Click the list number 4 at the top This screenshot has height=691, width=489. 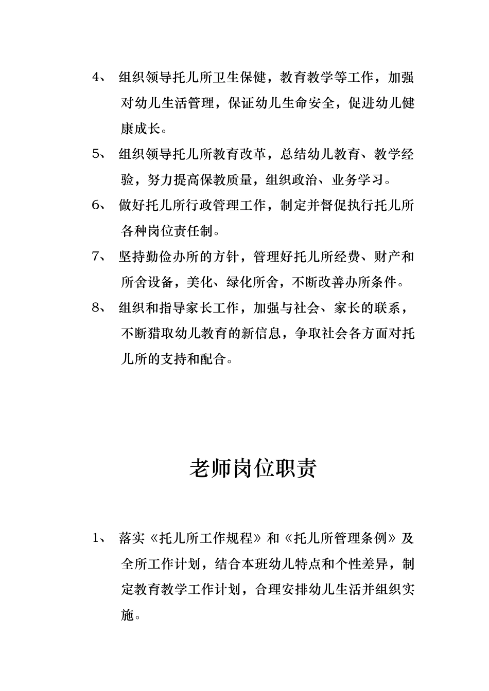[95, 78]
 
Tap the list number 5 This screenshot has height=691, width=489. [95, 154]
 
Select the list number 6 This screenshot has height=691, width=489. [95, 205]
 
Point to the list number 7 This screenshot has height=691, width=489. [95, 257]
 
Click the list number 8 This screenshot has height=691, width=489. [95, 307]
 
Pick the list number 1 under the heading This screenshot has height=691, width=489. [95, 538]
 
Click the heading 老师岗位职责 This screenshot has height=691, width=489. [253, 468]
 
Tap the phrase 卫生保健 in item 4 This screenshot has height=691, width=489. [240, 78]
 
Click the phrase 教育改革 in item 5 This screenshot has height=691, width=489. [240, 154]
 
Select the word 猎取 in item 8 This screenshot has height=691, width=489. [160, 333]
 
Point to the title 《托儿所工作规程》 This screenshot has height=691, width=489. [206, 538]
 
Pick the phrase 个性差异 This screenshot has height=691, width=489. [360, 564]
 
